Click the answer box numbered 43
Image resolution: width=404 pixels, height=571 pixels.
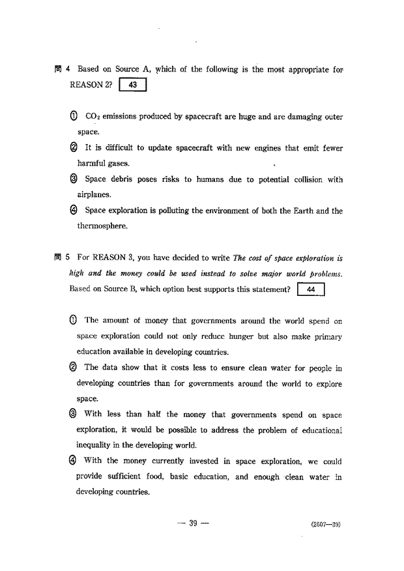pos(132,85)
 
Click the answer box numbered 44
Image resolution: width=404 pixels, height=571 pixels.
pos(310,289)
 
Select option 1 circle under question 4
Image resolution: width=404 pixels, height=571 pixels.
pos(74,117)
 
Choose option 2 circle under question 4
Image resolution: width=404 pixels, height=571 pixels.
pos(74,148)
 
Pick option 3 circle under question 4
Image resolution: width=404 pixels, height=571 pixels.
pos(74,179)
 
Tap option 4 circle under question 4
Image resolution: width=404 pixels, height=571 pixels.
pos(74,211)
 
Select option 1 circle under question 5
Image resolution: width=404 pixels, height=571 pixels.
pos(72,320)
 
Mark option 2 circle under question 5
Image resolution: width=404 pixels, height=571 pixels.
pos(72,368)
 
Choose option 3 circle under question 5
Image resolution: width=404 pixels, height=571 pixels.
pos(72,415)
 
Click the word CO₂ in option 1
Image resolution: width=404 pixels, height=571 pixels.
pos(92,117)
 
